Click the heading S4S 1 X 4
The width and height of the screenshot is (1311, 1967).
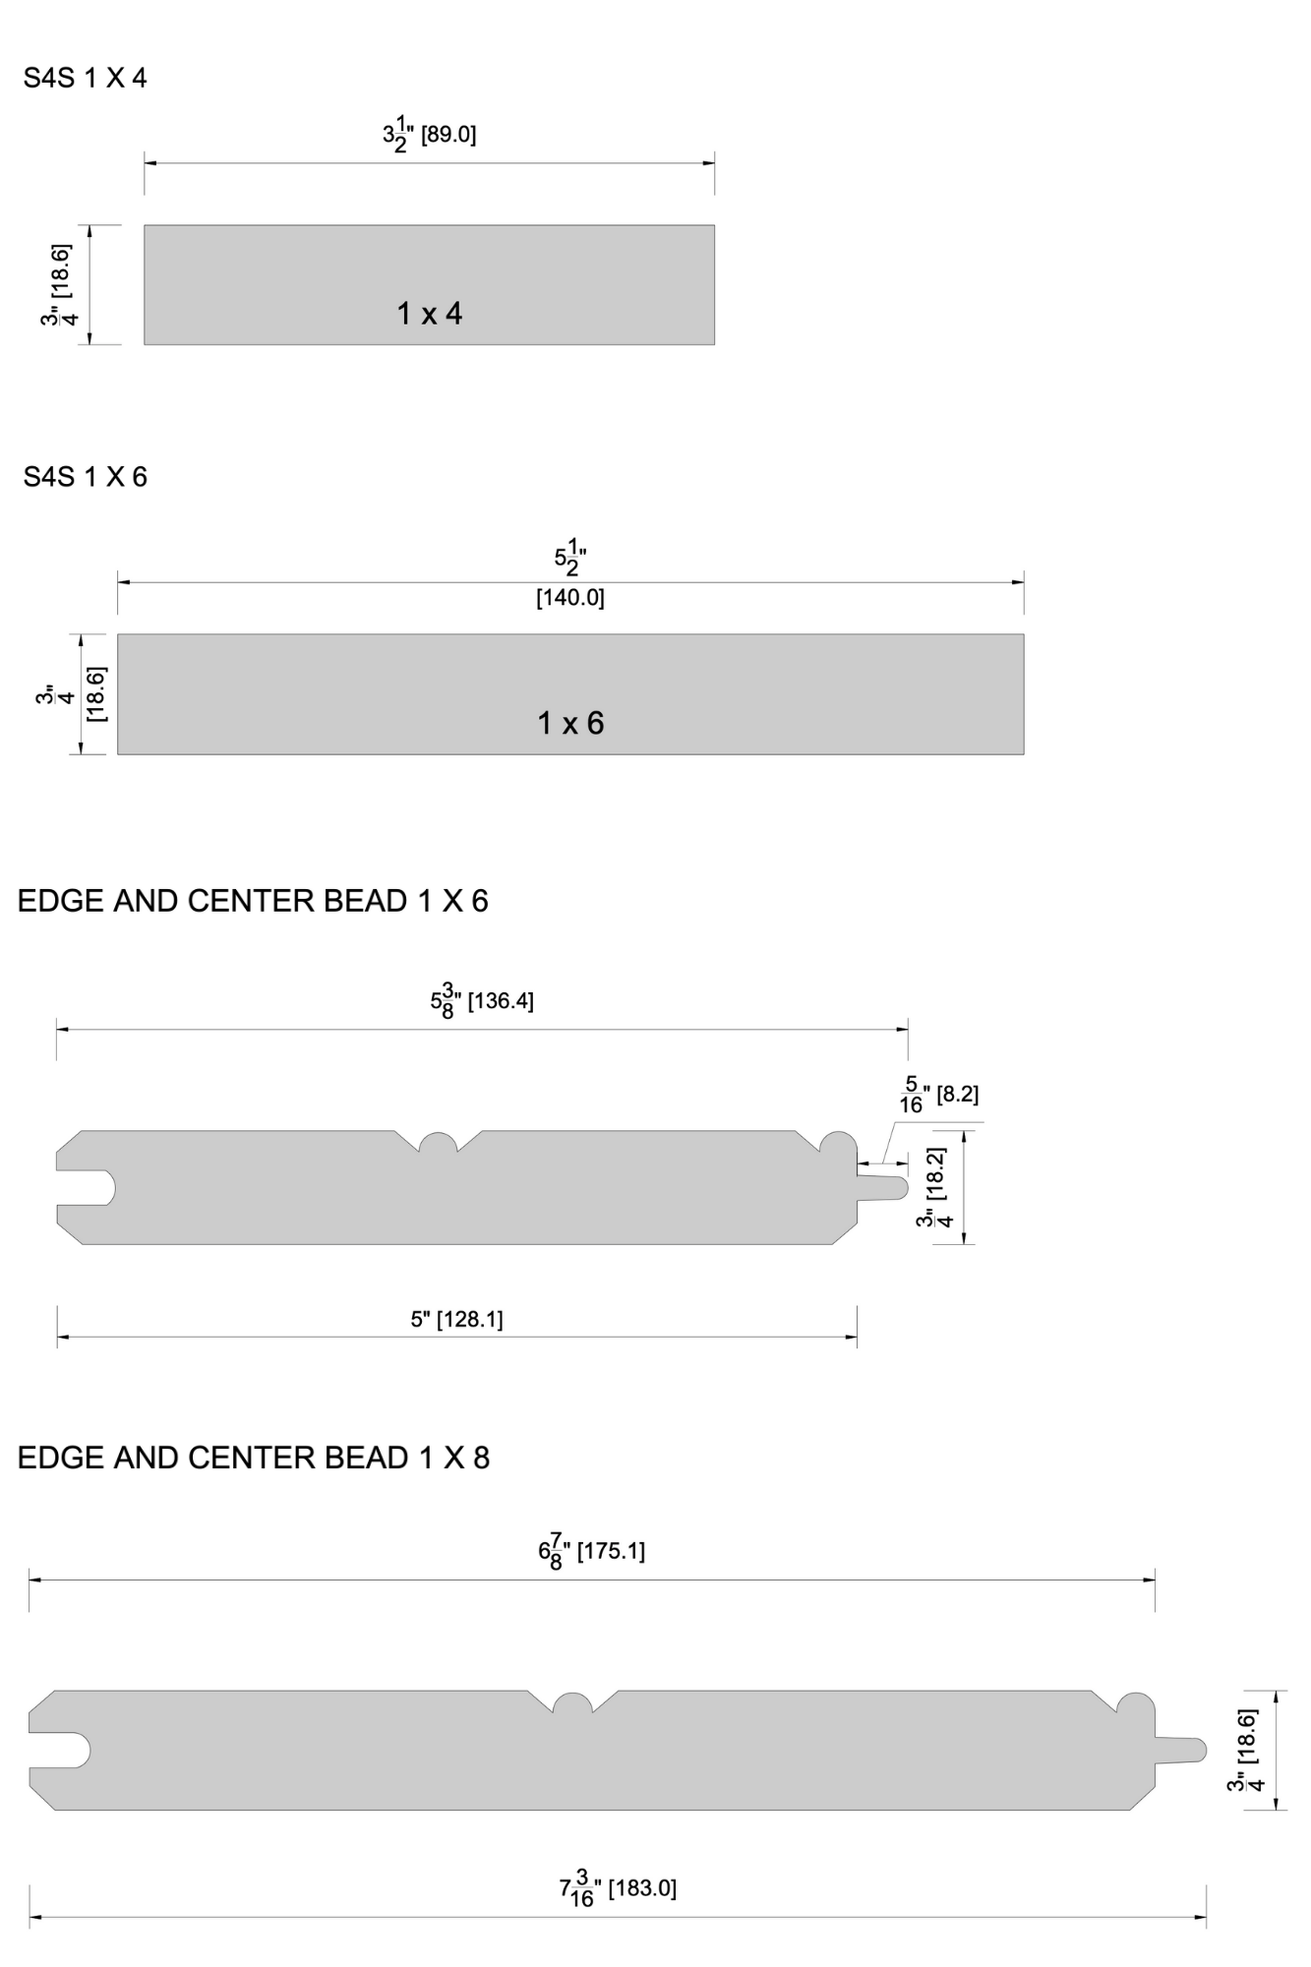(x=86, y=78)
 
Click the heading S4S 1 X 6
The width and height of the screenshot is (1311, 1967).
(x=86, y=477)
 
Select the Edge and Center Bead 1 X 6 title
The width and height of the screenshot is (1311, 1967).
(x=253, y=901)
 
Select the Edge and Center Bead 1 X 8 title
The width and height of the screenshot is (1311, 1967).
(x=254, y=1458)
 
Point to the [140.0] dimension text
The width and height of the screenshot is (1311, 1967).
(x=570, y=597)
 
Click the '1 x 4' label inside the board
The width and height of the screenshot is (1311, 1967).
(x=430, y=314)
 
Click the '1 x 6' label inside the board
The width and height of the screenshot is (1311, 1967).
(x=570, y=724)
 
